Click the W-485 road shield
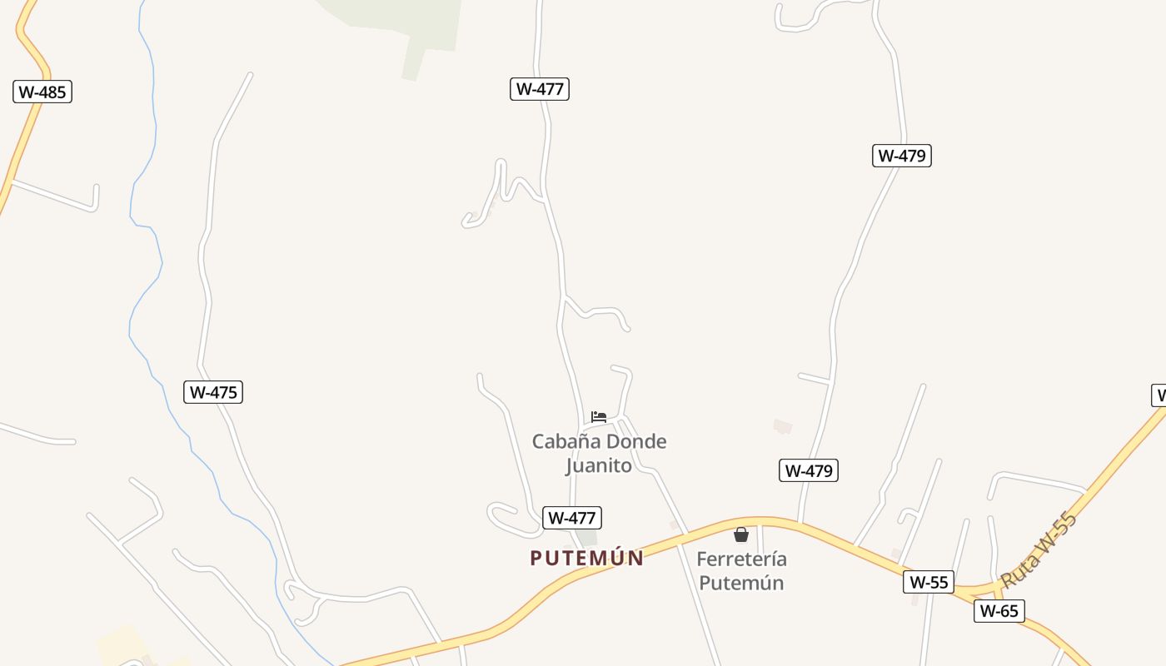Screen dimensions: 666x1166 pos(42,92)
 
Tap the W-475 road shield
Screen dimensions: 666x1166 pos(213,392)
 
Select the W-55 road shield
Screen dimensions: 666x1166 pos(928,582)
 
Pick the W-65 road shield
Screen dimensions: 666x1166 pos(999,611)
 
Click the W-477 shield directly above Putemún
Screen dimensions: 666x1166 pos(571,518)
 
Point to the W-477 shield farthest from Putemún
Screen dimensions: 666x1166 pos(540,88)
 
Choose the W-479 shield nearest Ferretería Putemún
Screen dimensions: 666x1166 pos(809,470)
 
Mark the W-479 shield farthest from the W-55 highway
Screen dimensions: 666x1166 pos(901,156)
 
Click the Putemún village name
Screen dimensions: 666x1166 pos(586,558)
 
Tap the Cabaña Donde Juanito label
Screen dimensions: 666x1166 pos(600,453)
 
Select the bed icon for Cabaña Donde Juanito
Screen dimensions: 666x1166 pos(599,417)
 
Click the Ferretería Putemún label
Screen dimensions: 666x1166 pos(741,570)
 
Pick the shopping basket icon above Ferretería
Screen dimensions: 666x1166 pos(741,534)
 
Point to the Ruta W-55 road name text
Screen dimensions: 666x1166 pos(1039,549)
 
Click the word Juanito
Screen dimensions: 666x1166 pos(600,465)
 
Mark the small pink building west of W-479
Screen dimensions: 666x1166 pos(782,427)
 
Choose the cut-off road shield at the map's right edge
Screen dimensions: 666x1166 pos(1159,395)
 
